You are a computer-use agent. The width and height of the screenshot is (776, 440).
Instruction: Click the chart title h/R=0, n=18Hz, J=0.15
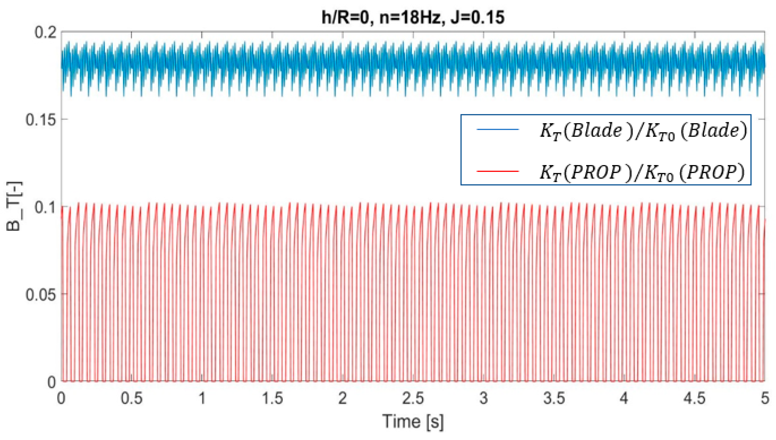click(x=413, y=17)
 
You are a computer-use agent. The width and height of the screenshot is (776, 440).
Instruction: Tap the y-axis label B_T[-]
click(x=14, y=206)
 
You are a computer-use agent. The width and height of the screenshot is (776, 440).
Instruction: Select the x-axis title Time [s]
click(x=413, y=421)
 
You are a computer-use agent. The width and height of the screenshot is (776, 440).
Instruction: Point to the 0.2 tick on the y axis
click(x=46, y=32)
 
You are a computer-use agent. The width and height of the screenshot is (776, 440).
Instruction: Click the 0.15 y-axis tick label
click(x=41, y=120)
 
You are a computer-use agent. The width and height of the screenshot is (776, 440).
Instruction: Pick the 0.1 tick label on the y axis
click(x=46, y=207)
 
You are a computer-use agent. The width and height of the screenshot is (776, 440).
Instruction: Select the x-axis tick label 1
click(x=202, y=398)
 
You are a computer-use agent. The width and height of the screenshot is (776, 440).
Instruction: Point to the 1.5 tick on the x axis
click(x=272, y=398)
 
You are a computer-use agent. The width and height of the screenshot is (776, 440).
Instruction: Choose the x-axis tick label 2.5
click(x=413, y=398)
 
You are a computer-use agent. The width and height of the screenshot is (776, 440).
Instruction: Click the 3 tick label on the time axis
click(x=483, y=398)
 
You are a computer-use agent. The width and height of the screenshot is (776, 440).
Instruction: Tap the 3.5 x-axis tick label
click(x=554, y=398)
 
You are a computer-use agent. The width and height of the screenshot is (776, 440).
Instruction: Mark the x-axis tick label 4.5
click(x=694, y=398)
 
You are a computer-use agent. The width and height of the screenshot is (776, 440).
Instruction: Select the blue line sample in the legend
click(x=497, y=130)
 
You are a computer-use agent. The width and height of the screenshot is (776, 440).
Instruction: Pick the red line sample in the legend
click(x=497, y=171)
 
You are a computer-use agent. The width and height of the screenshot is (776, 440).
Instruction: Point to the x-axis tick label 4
click(x=624, y=398)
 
